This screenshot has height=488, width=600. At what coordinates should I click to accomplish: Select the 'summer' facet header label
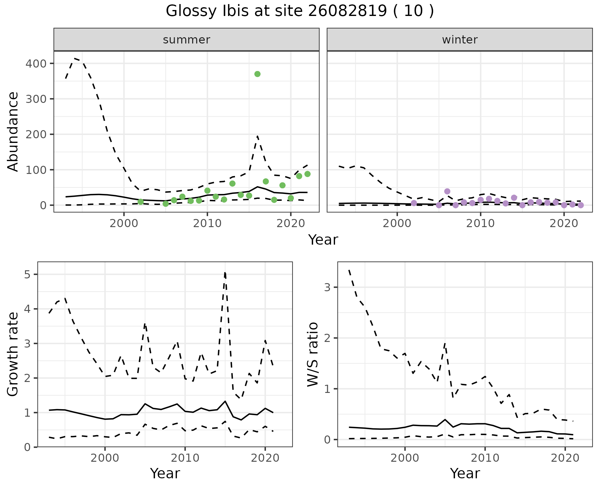187,40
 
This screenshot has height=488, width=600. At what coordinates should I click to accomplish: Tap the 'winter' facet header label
460,40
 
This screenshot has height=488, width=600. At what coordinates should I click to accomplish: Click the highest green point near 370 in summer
257,74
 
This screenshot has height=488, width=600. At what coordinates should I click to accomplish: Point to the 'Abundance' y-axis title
13,132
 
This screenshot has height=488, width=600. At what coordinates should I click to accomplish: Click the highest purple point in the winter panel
447,191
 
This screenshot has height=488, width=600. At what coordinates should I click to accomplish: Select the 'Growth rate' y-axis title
13,354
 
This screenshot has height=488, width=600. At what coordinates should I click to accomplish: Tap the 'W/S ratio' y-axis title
313,354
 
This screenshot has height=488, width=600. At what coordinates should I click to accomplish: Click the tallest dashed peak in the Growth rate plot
225,273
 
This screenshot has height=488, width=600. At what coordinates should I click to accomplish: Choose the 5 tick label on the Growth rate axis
27,275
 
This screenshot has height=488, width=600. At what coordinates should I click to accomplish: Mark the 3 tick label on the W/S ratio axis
327,287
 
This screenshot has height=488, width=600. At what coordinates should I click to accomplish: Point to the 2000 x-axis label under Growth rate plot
105,458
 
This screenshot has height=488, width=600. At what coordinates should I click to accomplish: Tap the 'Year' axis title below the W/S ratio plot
465,474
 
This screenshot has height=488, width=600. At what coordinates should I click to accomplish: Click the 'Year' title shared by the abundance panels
323,240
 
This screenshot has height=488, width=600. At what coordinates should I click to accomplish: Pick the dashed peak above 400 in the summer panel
75,58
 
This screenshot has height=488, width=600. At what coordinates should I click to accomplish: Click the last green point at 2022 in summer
307,174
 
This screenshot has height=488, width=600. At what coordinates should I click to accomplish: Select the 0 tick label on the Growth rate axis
27,447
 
